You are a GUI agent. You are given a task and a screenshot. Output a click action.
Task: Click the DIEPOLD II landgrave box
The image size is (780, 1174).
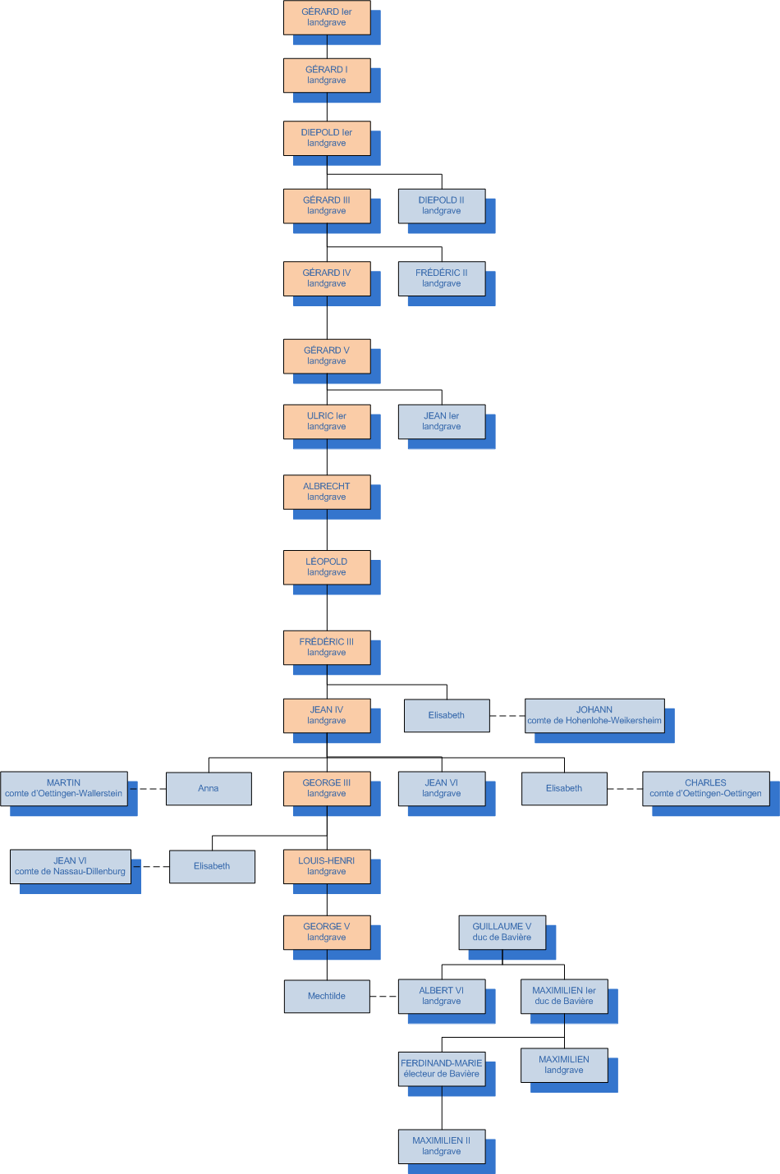pos(442,206)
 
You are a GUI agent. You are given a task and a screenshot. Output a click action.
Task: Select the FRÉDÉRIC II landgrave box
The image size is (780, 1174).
pos(442,278)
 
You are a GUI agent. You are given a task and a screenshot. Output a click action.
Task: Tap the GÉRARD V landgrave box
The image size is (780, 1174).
pos(327,356)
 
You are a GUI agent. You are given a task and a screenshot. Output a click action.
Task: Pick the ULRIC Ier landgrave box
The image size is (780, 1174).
pos(327,422)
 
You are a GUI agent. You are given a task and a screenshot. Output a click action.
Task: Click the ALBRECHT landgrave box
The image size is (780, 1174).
pos(327,492)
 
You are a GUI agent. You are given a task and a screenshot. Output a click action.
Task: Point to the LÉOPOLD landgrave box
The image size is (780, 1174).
pos(327,567)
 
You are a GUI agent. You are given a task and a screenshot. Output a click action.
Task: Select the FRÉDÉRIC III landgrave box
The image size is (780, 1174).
pos(327,648)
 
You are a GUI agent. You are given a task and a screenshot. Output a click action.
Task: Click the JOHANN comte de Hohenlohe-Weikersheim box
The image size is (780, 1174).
pos(594,715)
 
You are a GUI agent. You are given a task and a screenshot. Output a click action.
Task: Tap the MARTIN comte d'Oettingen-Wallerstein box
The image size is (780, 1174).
pos(64,788)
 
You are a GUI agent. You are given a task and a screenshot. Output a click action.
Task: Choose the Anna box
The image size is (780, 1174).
pos(209,788)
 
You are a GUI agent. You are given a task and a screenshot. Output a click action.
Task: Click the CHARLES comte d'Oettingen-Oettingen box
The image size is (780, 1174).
pos(706,788)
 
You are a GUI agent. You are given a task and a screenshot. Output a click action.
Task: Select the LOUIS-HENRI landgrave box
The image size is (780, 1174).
pos(327,866)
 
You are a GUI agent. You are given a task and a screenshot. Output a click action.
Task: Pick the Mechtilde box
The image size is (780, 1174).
pos(327,996)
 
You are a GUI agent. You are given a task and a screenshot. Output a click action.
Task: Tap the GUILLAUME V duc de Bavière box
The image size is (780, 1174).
pos(502,932)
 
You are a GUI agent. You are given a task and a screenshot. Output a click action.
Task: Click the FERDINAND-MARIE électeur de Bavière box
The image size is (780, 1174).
pos(442,1069)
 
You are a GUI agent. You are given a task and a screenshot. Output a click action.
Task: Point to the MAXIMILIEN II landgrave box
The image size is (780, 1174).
pos(442,1146)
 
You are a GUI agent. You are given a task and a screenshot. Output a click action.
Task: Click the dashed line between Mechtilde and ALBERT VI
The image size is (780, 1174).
pos(383,997)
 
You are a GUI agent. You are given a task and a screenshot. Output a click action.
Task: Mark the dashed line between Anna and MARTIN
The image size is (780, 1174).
pos(147,789)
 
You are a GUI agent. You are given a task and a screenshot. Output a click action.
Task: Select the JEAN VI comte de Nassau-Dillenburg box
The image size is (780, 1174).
pos(71,866)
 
